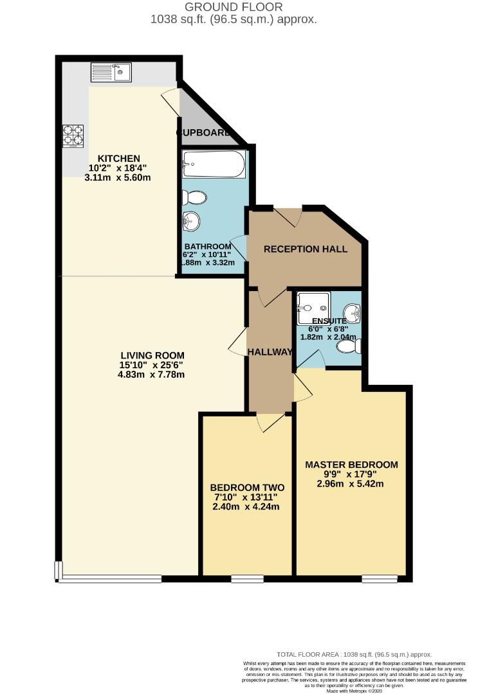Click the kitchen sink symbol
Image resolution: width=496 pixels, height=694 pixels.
(x=111, y=71)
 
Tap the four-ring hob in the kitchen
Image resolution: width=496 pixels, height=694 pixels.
(x=73, y=136)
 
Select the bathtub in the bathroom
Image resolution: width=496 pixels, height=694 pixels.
(x=214, y=165)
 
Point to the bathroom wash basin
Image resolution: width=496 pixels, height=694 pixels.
(x=191, y=222)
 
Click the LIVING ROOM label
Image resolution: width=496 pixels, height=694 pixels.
(x=152, y=355)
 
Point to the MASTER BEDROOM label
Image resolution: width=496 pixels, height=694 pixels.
(x=351, y=465)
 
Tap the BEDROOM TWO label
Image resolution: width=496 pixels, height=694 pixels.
(x=247, y=487)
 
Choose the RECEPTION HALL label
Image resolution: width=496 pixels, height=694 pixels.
(x=306, y=249)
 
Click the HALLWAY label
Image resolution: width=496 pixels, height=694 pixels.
(x=271, y=351)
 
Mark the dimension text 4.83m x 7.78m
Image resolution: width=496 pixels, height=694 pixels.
(x=152, y=375)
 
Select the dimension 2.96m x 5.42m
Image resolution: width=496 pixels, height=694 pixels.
(x=351, y=484)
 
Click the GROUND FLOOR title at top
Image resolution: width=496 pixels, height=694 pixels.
(x=234, y=7)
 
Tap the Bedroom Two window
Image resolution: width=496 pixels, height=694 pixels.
(x=247, y=579)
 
